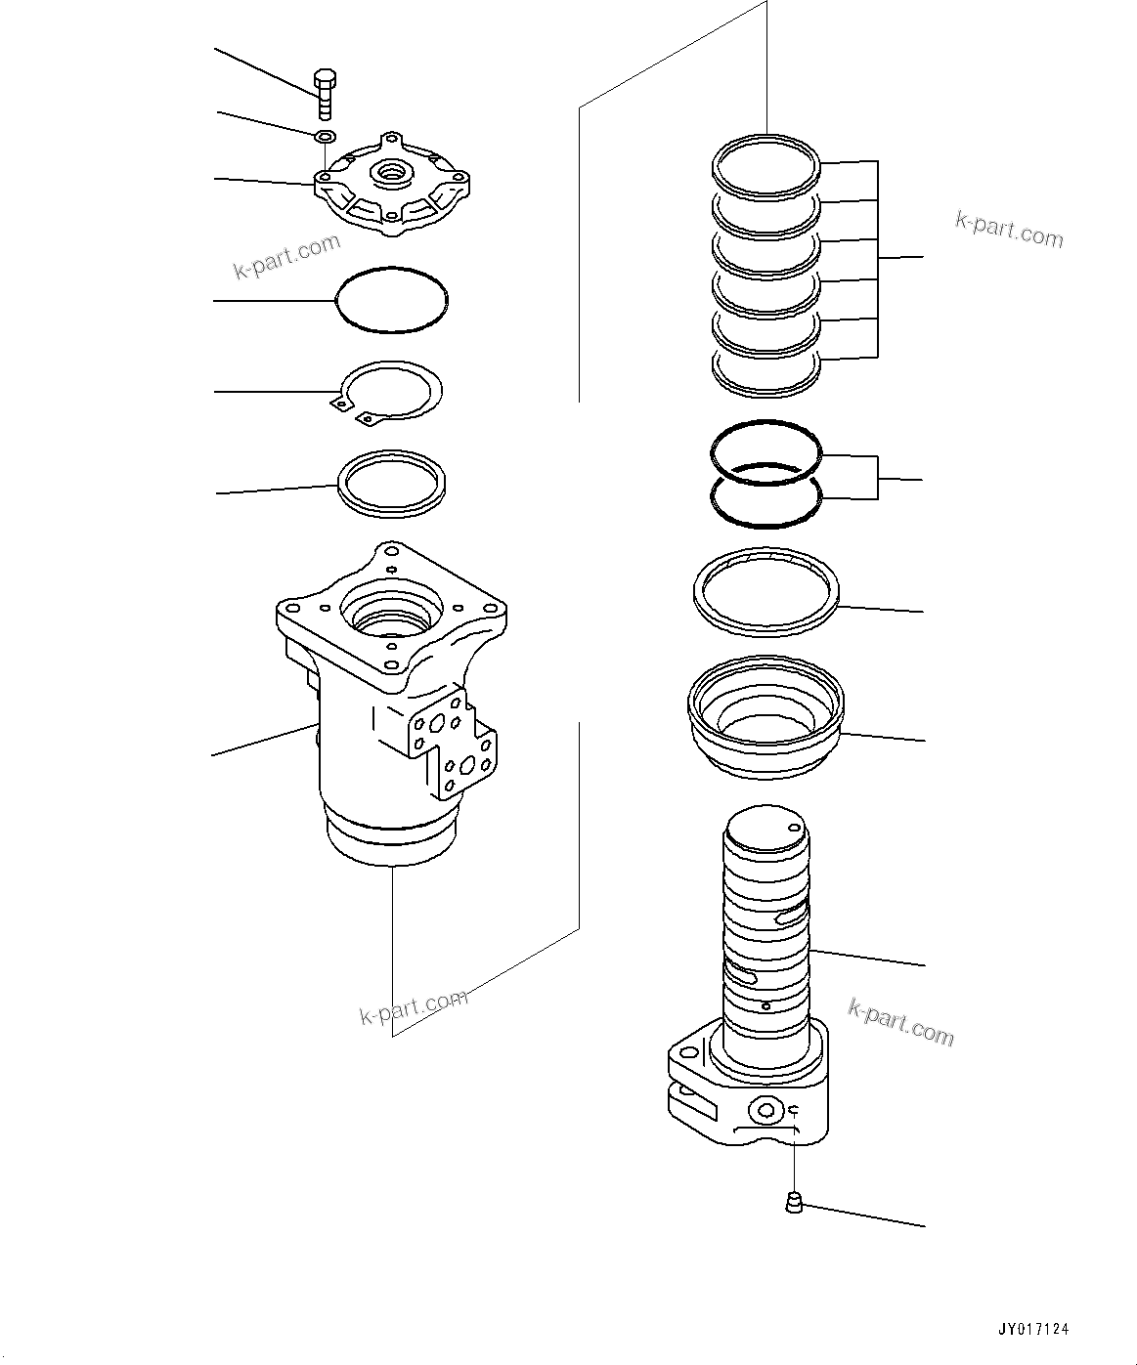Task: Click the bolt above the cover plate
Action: pos(325,94)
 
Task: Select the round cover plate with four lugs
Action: pos(392,186)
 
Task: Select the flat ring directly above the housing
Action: pos(392,482)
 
